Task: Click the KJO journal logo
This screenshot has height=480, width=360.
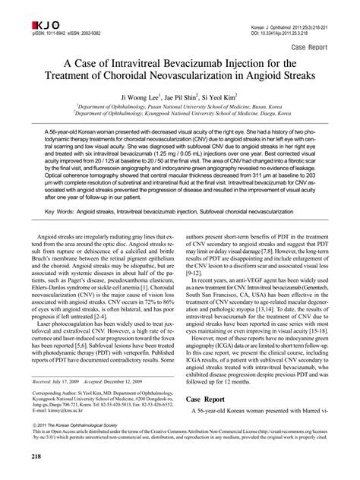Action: click(x=26, y=11)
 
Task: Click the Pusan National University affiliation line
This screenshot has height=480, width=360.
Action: click(x=179, y=109)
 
